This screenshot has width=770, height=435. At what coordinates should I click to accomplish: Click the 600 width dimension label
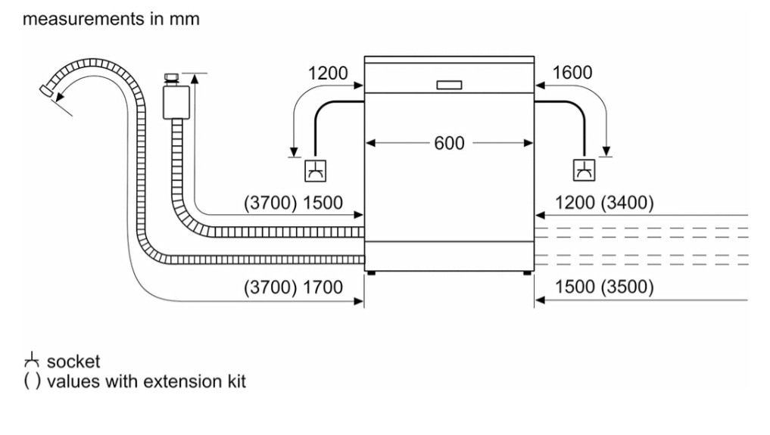(449, 143)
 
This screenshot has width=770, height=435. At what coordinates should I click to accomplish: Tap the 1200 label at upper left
(328, 73)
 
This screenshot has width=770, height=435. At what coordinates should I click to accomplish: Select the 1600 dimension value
(572, 73)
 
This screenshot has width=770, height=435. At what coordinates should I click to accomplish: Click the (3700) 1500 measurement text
(293, 203)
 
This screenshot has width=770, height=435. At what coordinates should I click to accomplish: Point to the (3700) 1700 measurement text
(293, 287)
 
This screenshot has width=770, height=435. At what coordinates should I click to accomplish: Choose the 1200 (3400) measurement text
(604, 203)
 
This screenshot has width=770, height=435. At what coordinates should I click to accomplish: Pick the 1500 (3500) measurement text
(604, 287)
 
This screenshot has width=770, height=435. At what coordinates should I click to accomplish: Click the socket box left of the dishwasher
(315, 171)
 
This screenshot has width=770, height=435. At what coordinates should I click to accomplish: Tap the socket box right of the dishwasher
(584, 170)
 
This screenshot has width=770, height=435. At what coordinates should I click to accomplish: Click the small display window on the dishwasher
(449, 85)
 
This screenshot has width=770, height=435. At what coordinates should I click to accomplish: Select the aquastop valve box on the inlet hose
(176, 102)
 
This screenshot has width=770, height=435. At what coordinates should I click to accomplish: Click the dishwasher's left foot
(371, 272)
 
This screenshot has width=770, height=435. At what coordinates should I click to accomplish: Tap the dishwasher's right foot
(527, 272)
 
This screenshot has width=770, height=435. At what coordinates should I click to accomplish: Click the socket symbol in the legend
(32, 360)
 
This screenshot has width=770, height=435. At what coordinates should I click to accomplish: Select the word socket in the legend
(73, 362)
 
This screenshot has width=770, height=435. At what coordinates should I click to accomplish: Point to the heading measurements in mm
(111, 19)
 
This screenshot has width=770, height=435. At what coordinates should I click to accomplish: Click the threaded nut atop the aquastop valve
(171, 77)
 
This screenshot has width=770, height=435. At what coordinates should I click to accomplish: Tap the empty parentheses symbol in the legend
(32, 381)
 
